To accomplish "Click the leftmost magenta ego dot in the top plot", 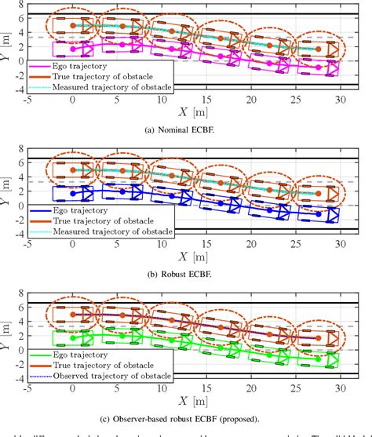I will [73, 49].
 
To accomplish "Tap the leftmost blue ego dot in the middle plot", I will [73, 193].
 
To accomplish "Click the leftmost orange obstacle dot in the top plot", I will [73, 26].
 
